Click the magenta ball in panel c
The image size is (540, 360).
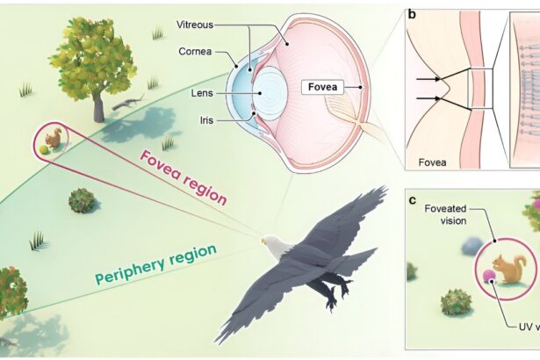click(x=488, y=277)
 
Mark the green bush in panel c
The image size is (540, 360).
click(x=457, y=302)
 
